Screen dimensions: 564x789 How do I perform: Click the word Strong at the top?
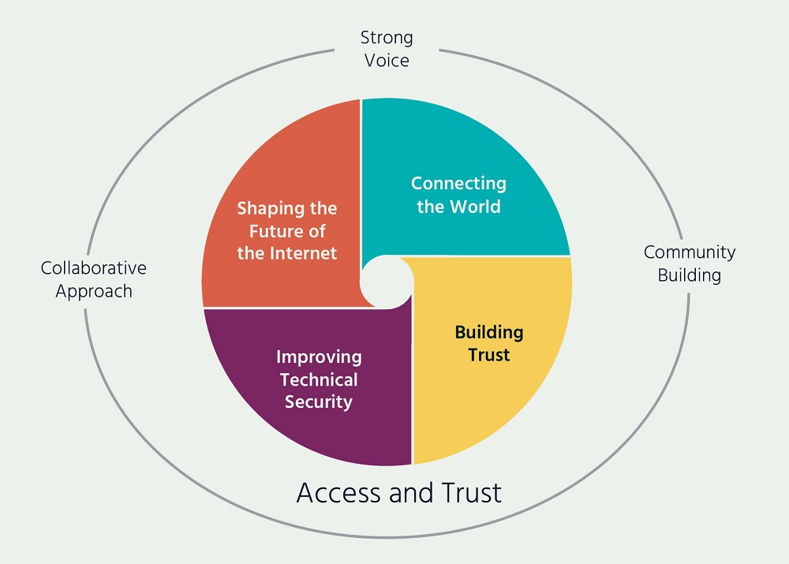387,37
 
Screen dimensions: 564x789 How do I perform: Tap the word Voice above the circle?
387,60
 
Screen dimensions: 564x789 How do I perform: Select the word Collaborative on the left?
94,268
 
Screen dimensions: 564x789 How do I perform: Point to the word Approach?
94,291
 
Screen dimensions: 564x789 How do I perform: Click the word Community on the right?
690,252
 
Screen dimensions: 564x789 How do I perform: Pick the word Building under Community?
690,275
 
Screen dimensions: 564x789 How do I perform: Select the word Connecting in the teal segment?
458,184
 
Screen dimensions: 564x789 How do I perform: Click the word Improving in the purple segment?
319,357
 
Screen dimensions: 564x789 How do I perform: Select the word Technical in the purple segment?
319,379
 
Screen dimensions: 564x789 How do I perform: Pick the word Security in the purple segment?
319,402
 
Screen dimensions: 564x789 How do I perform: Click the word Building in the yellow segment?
489,332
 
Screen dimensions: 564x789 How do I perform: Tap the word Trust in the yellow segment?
489,355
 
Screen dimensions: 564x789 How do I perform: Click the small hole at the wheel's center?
387,282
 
